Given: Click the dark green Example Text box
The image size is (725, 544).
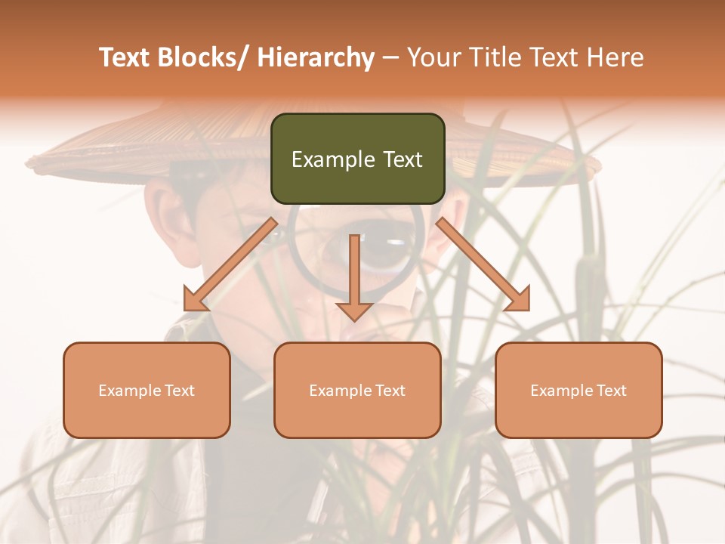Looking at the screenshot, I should [357, 159].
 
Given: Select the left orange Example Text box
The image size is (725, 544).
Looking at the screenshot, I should [147, 390].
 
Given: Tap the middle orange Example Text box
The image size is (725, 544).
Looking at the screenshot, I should [357, 390].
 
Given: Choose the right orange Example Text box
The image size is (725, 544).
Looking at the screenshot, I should [578, 390].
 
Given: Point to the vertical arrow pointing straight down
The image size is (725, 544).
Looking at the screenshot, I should [354, 272].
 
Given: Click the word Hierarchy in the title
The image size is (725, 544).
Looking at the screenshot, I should [316, 57].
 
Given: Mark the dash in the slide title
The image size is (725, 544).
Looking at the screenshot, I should [390, 58].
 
